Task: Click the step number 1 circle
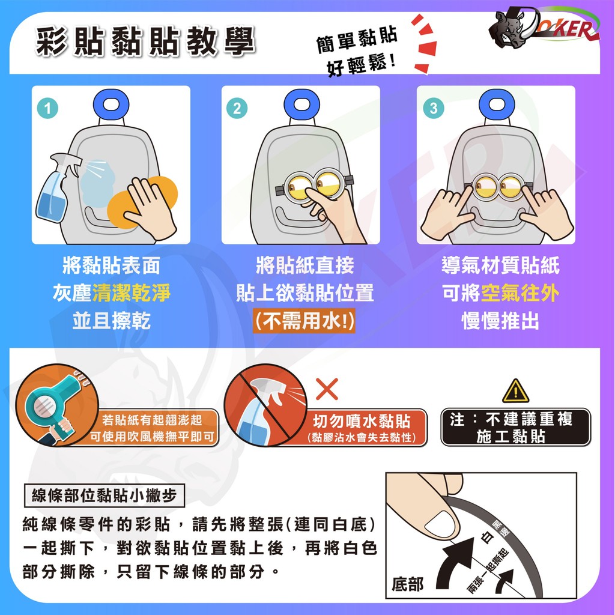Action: pos(47,108)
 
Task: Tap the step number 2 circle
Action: pos(237,108)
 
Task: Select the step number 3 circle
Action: pos(434,108)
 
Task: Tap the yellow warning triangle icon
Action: pos(515,391)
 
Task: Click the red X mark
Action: pos(327,389)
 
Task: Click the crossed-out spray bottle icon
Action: pos(265,405)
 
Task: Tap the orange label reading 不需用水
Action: pos(304,321)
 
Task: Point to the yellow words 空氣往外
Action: pos(520,293)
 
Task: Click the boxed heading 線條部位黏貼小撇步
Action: pos(105,495)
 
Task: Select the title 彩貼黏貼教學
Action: pos(145,41)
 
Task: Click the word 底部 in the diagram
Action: pos(408,584)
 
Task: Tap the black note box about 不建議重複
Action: pos(515,427)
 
